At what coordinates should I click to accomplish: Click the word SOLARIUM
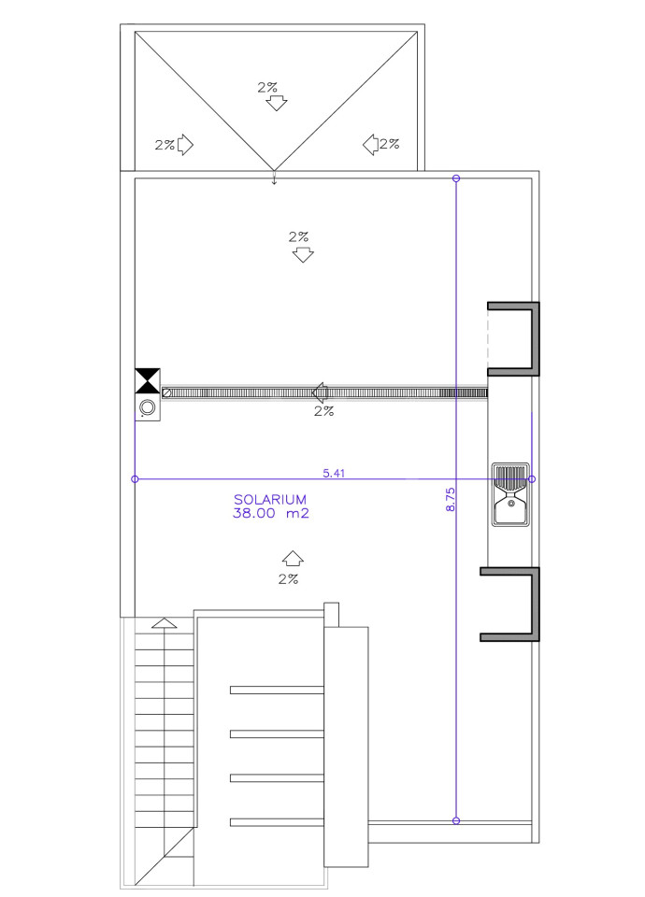point(270,499)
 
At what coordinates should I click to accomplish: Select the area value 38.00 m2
point(271,513)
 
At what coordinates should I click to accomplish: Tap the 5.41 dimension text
point(335,473)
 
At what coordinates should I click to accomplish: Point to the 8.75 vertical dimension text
point(451,499)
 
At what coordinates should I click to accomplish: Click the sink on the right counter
point(511,495)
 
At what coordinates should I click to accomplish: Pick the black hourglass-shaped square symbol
point(148,381)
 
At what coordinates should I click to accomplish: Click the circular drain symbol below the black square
point(148,407)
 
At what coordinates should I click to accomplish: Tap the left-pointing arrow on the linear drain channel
point(320,392)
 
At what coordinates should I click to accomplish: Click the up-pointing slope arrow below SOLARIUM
point(293,558)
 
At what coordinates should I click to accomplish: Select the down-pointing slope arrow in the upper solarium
point(303,254)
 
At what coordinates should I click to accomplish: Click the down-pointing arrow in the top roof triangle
point(277,104)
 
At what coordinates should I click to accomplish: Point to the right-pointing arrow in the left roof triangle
point(185,145)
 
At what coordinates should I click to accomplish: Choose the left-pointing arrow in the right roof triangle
point(370,145)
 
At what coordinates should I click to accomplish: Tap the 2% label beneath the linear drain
point(324,411)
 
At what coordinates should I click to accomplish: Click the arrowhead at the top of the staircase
point(165,623)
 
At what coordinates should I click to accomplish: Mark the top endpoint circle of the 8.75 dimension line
point(456,179)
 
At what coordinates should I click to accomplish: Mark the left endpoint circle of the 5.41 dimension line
point(135,478)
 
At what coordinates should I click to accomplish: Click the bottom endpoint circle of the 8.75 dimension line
point(456,821)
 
